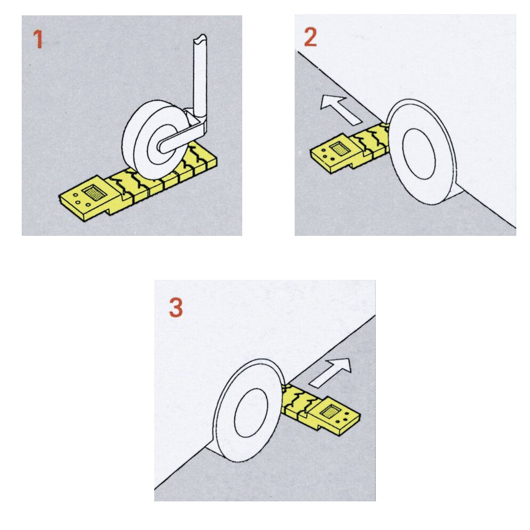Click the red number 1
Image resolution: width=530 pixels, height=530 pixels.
[38, 39]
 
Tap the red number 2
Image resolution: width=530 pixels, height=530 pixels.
[310, 37]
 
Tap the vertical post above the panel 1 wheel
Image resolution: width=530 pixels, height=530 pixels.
[200, 75]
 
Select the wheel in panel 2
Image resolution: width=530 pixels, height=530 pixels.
[422, 152]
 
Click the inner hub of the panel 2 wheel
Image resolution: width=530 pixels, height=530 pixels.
[419, 154]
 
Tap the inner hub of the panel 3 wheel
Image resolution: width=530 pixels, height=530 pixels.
[251, 413]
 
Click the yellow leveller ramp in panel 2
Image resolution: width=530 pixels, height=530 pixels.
[349, 147]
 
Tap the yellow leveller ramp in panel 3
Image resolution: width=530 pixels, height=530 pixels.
[321, 409]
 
